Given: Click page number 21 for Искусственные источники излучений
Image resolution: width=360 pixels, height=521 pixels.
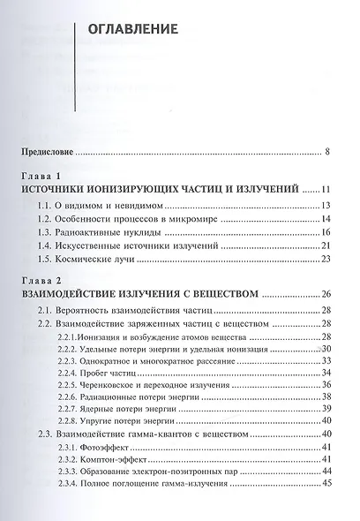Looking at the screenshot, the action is pos(325,245).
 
